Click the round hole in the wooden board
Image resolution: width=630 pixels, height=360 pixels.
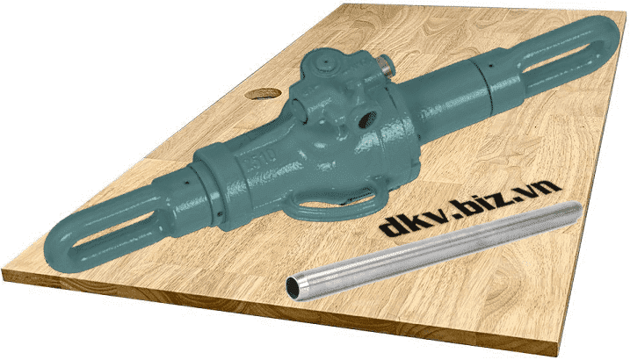(x=263, y=93)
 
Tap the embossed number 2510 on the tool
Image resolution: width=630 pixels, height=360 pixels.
(x=260, y=160)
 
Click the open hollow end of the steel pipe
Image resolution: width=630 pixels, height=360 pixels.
(x=294, y=286)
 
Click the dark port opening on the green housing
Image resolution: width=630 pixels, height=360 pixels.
(x=366, y=119)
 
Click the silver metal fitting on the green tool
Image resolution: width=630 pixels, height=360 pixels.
(x=386, y=67)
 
